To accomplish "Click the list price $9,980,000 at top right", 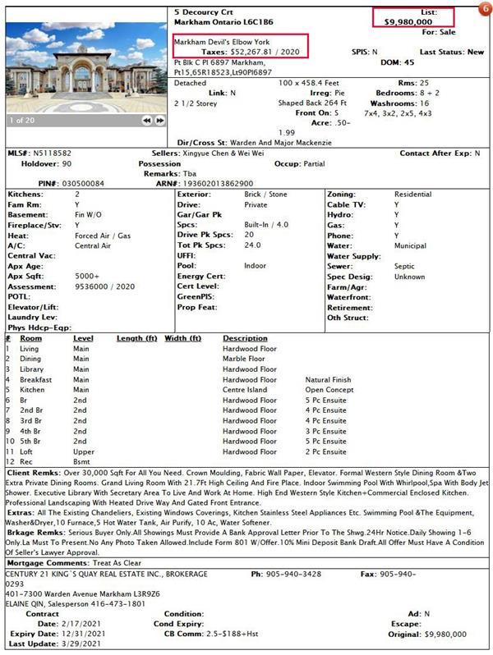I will pyautogui.click(x=408, y=22).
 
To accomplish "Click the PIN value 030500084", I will pyautogui.click(x=82, y=183).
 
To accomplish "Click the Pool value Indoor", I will pyautogui.click(x=256, y=266).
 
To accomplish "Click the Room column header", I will pyautogui.click(x=31, y=338).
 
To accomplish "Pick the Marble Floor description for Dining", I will pyautogui.click(x=243, y=359).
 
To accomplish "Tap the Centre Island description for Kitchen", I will pyautogui.click(x=246, y=390).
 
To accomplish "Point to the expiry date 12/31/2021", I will pyautogui.click(x=83, y=634).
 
